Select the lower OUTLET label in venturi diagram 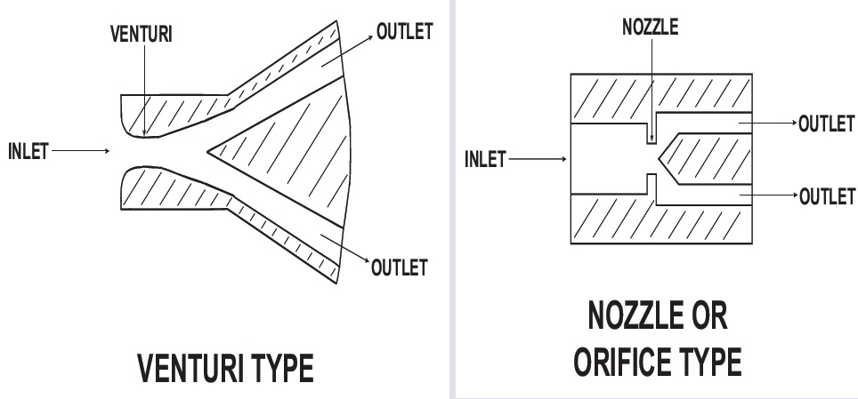click(400, 267)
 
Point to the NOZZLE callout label click(651, 27)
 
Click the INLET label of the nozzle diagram click(485, 160)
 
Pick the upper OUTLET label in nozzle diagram click(827, 124)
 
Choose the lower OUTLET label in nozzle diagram click(827, 196)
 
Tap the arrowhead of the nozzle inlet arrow click(563, 160)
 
